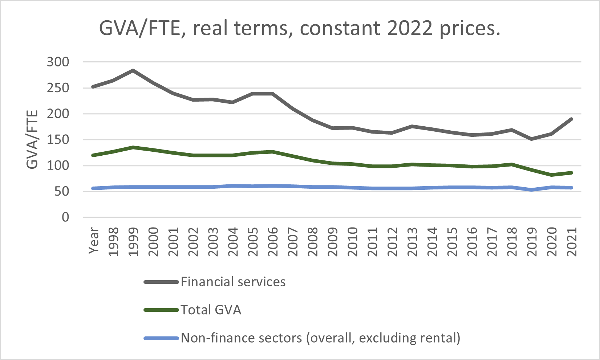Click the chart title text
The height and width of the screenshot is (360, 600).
(300, 28)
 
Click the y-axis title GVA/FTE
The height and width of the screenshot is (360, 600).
(32, 140)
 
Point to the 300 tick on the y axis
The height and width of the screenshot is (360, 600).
(58, 62)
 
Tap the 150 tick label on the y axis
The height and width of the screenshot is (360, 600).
(58, 140)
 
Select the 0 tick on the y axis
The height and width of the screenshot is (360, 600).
(65, 217)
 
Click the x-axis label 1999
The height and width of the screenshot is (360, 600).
(133, 242)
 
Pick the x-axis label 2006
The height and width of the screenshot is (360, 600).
(273, 242)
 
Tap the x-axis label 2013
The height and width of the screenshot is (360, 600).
(412, 242)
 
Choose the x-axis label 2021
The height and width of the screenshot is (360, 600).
(572, 242)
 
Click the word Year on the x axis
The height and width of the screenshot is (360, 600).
(94, 240)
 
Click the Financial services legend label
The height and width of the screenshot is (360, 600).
(233, 282)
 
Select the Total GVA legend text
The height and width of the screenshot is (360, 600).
(211, 310)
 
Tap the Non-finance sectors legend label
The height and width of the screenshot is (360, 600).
(320, 338)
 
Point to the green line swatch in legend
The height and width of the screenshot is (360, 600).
(161, 310)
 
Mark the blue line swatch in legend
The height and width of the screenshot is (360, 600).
(161, 338)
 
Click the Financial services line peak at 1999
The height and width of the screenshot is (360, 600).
(133, 70)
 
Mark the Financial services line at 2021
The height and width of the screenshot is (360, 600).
(572, 119)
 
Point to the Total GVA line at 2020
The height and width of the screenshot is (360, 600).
(552, 175)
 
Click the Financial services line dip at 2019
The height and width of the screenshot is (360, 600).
(532, 139)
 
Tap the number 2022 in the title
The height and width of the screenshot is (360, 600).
(410, 28)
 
